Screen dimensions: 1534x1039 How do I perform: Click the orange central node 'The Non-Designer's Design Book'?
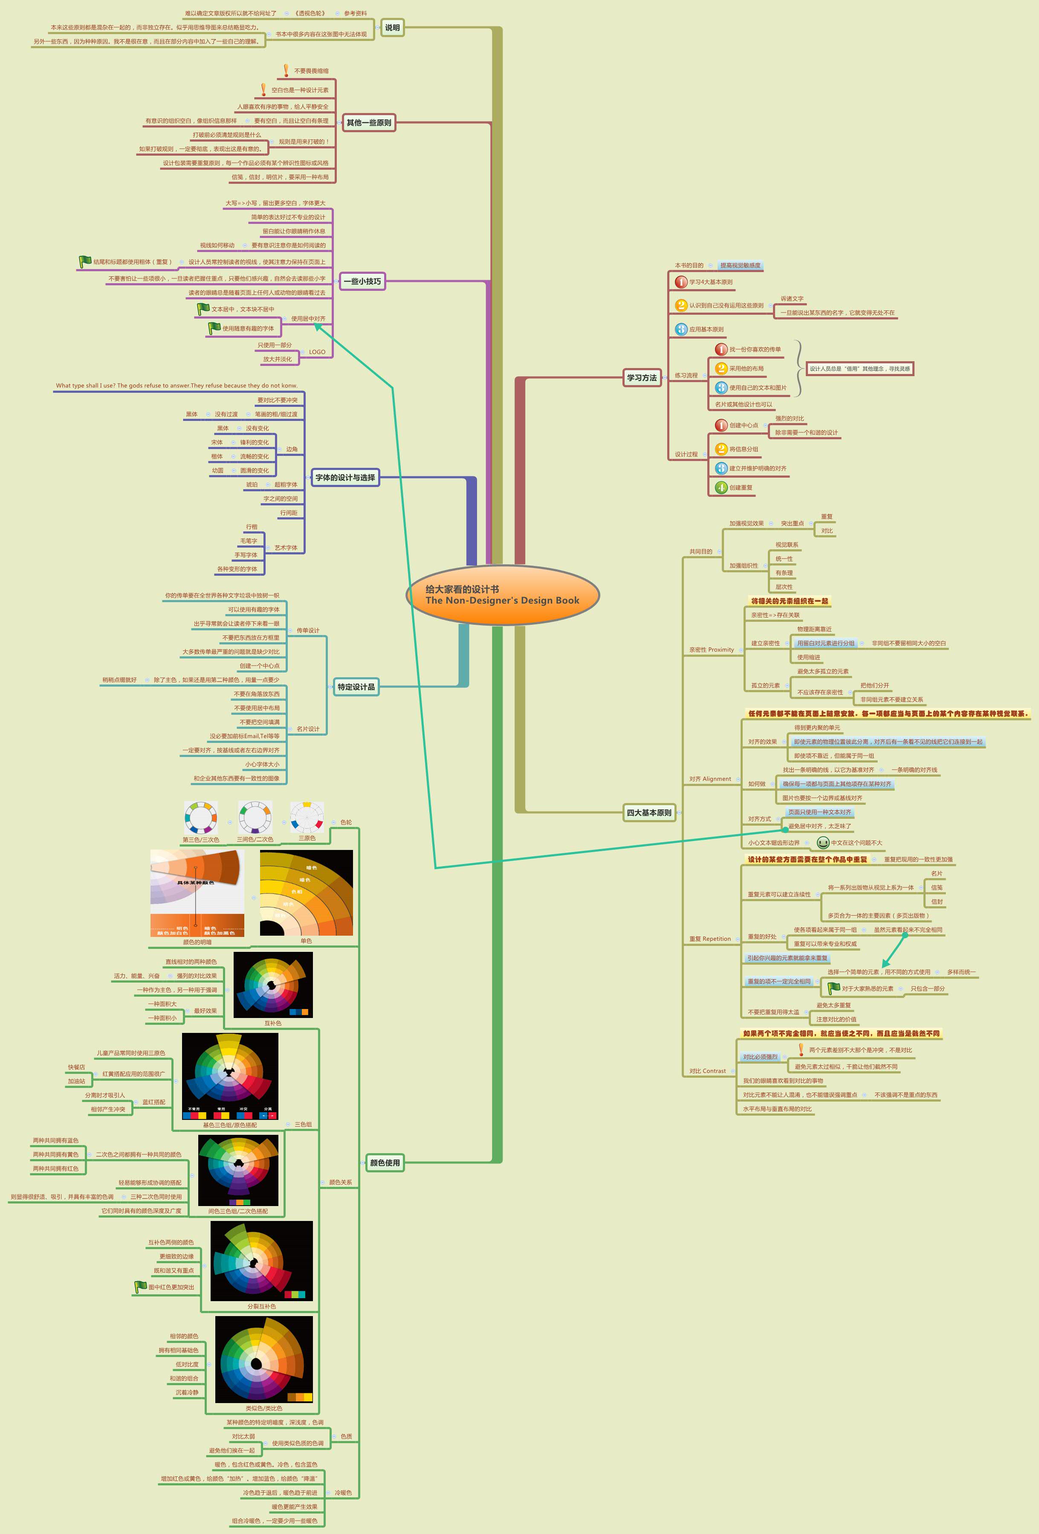[503, 595]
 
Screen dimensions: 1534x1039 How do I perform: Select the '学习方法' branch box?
[642, 377]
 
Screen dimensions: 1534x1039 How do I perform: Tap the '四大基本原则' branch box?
[649, 812]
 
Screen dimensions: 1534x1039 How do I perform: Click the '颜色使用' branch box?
[385, 1163]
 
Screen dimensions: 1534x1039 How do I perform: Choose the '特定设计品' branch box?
[356, 687]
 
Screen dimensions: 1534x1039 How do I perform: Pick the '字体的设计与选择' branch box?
[345, 477]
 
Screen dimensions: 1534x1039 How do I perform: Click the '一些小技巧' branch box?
[362, 281]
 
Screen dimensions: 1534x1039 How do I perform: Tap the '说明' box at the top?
[393, 28]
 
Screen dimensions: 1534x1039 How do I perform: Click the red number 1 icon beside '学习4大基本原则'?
[681, 282]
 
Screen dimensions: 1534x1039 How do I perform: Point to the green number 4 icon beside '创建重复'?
[722, 487]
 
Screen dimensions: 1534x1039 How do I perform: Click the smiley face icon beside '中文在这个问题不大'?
[822, 842]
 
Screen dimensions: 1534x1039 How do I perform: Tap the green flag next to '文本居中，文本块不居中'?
[203, 308]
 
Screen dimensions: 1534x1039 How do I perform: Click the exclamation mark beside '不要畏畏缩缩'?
[286, 70]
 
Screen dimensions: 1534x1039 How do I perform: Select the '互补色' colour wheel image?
[273, 984]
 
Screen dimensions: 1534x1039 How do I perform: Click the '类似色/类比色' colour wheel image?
[264, 1360]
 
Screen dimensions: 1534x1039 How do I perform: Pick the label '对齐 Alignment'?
[710, 779]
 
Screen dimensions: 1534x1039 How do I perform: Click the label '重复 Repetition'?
[710, 939]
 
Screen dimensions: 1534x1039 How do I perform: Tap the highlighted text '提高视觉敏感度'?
[740, 265]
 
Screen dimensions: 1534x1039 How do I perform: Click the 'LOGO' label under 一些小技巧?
[317, 352]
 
